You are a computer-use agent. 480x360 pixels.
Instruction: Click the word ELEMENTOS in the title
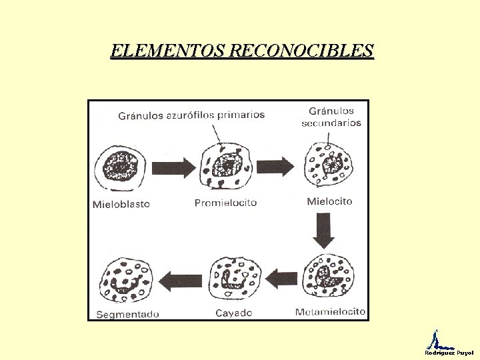tap(167, 50)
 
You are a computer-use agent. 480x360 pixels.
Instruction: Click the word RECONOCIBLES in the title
tap(301, 50)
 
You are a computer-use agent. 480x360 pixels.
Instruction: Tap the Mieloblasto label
tap(121, 204)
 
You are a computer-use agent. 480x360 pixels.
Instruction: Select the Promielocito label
tap(225, 203)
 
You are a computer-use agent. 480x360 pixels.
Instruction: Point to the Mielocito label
tap(329, 201)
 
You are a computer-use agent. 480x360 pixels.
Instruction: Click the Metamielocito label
tap(330, 311)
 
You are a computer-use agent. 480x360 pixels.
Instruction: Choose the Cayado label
tap(234, 313)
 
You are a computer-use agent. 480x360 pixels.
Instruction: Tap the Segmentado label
tap(127, 315)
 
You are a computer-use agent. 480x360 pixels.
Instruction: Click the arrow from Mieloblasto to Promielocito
tap(173, 168)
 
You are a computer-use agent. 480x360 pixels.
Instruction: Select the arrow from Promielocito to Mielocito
tap(275, 167)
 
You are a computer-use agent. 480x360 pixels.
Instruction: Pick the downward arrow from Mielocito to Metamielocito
tap(323, 231)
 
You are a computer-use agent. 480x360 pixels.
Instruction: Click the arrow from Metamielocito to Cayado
tap(281, 279)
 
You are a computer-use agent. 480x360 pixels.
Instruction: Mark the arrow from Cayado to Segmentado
tap(181, 281)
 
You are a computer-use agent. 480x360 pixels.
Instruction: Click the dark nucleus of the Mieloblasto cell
tap(120, 167)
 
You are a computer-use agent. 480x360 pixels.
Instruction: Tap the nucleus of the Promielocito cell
tap(227, 165)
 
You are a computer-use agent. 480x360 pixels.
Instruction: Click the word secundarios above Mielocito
tap(331, 123)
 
